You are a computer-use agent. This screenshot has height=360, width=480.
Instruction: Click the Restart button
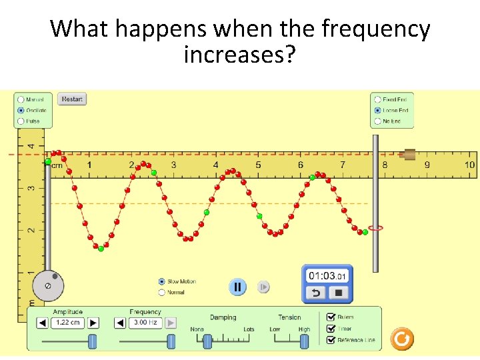click(x=72, y=99)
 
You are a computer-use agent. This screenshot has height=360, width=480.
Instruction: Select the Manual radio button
click(x=21, y=99)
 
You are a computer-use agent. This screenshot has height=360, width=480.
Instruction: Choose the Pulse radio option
click(x=21, y=121)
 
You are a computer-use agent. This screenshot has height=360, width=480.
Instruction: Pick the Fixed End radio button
click(x=378, y=99)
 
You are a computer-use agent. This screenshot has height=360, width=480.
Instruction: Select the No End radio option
click(x=378, y=121)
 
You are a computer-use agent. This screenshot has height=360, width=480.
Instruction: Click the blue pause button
click(x=237, y=287)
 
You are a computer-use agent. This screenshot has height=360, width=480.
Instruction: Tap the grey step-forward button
click(x=263, y=287)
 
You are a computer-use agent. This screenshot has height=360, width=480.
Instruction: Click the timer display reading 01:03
click(x=327, y=276)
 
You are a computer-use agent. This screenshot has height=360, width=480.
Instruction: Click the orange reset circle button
click(x=401, y=339)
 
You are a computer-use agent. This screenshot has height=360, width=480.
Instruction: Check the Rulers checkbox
click(x=331, y=317)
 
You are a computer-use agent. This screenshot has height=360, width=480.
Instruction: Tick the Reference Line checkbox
click(x=331, y=340)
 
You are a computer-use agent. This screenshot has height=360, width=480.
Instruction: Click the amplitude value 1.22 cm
click(x=68, y=323)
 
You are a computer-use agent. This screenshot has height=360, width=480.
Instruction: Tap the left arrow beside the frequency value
click(x=120, y=323)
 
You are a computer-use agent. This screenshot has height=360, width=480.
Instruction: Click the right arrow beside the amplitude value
click(x=93, y=323)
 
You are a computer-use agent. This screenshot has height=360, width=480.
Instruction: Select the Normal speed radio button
click(x=161, y=292)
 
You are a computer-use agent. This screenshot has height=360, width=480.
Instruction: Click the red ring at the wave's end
click(x=375, y=228)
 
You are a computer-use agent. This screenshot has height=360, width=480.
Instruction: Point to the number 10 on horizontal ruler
click(x=469, y=165)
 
